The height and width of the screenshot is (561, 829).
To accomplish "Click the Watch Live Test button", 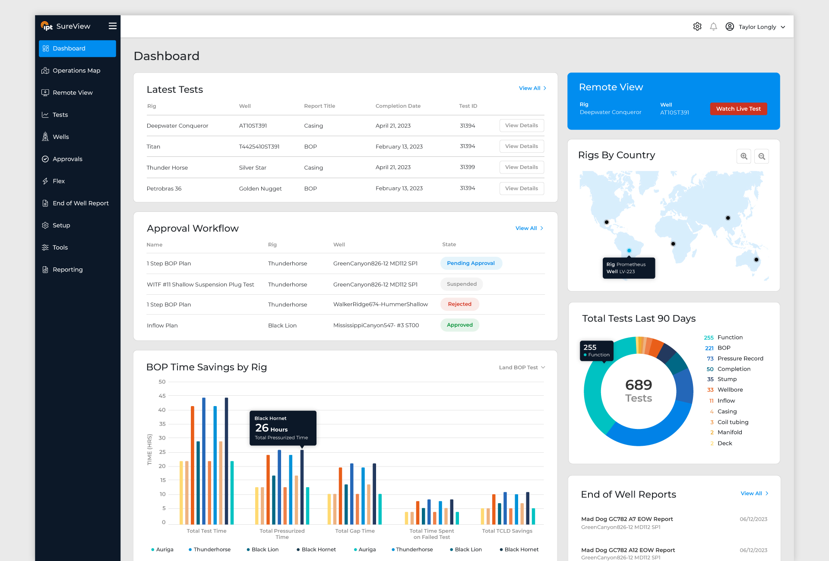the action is (738, 109).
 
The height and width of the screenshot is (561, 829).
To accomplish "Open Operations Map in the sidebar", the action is (76, 70).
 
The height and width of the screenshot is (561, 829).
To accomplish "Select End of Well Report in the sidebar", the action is (80, 203).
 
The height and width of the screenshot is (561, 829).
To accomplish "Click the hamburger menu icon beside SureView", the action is (113, 26).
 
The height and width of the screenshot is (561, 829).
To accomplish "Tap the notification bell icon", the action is (713, 27).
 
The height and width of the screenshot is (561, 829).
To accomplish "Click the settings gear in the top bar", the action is (697, 27).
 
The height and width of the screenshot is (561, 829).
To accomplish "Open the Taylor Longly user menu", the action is (755, 27).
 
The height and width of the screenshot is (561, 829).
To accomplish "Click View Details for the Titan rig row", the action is (522, 146).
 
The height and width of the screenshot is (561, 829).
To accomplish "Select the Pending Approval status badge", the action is (471, 263).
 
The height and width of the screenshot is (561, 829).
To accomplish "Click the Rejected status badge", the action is (460, 304).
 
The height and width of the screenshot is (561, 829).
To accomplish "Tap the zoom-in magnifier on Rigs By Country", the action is (744, 156).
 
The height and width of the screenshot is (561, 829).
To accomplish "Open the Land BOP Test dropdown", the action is (522, 368).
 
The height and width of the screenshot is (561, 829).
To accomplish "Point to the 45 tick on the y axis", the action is (162, 396).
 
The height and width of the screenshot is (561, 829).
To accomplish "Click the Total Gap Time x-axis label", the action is (355, 531).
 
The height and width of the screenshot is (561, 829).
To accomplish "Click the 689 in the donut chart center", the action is (639, 385).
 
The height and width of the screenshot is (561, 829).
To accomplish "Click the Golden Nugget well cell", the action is (260, 189).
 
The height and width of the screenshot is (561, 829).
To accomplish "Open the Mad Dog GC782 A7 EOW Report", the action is (627, 519).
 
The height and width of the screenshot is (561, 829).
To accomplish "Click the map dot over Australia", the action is (756, 260).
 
